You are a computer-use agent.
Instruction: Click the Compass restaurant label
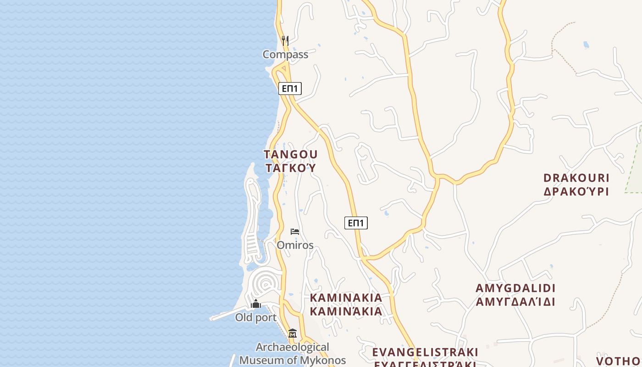(x=285, y=55)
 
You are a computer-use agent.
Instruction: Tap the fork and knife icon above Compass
(x=285, y=40)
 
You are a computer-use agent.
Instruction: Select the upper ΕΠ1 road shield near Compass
(x=290, y=89)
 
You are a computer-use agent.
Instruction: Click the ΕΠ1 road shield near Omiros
(x=356, y=223)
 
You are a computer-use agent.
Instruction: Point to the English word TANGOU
(x=291, y=154)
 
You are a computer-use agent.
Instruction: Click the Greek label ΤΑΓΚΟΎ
(x=291, y=168)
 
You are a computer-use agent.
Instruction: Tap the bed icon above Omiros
(x=295, y=232)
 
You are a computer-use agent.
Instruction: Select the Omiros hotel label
(x=295, y=245)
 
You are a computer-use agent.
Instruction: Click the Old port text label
(x=256, y=317)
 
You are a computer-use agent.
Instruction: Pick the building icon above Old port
(x=256, y=304)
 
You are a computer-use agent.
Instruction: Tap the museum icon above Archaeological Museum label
(x=293, y=334)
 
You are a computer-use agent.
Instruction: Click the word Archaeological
(x=293, y=347)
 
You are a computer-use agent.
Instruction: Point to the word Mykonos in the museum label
(x=323, y=360)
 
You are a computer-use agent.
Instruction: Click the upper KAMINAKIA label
(x=346, y=298)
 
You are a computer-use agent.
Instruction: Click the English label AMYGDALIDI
(x=515, y=288)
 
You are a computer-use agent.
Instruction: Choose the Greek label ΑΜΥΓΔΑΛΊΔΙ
(x=515, y=302)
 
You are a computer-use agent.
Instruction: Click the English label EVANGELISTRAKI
(x=425, y=352)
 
